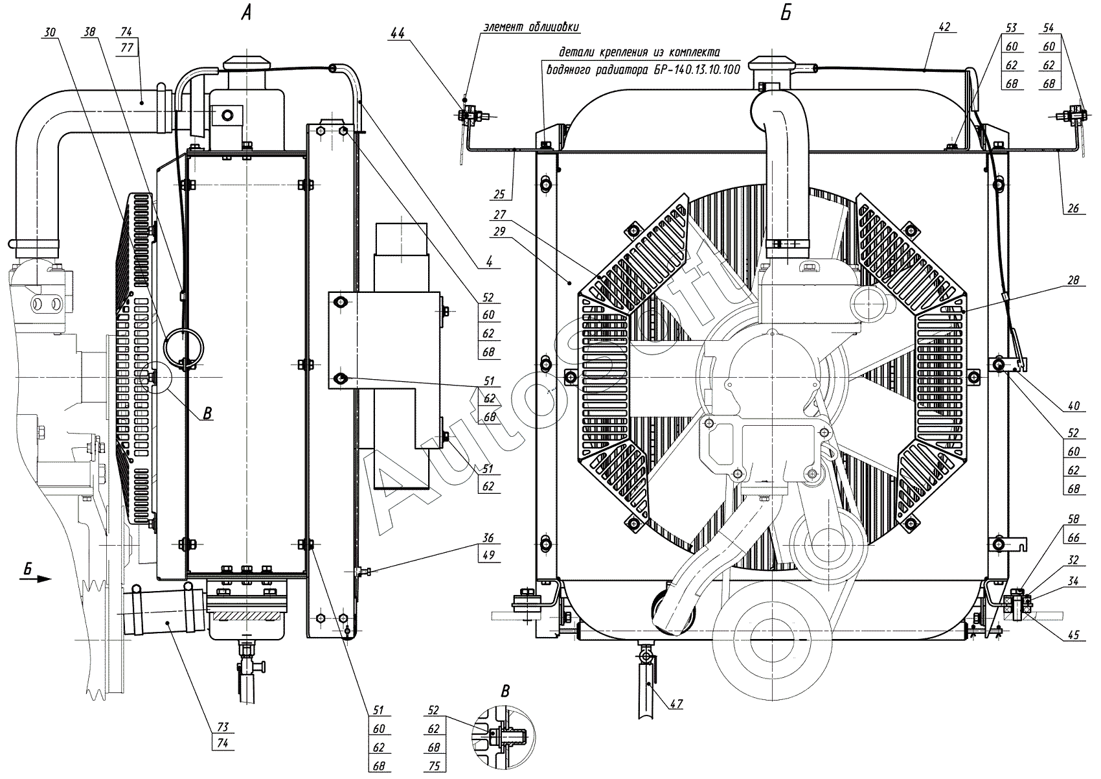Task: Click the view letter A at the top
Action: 246,12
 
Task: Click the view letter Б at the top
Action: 786,12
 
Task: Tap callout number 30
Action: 50,32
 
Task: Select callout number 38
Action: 89,32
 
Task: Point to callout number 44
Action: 397,33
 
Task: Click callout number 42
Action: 944,27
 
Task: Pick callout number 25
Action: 499,194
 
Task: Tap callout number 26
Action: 1073,208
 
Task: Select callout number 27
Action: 500,215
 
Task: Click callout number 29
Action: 500,231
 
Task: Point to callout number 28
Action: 1074,280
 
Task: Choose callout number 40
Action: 1074,406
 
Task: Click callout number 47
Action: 676,704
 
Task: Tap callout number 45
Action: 1074,635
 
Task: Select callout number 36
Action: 488,537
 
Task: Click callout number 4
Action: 489,262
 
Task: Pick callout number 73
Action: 223,727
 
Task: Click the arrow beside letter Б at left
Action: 36,579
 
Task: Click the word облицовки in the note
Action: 554,27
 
